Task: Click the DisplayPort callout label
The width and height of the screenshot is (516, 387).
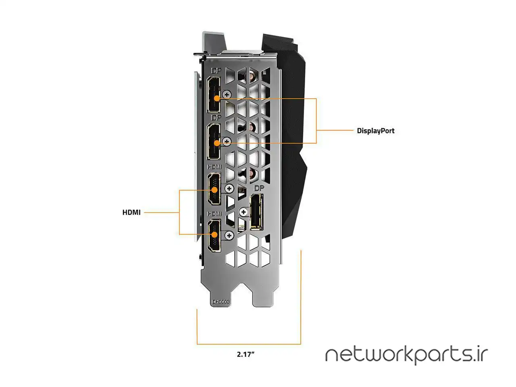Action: pos(376,131)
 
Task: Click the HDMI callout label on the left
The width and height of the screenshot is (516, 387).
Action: pos(131,212)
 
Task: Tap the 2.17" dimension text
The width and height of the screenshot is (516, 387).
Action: pos(246,355)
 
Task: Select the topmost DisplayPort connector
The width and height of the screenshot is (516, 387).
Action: pos(214,95)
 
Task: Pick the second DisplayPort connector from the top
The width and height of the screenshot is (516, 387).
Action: pos(214,141)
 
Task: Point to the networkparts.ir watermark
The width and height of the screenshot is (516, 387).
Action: pos(406,355)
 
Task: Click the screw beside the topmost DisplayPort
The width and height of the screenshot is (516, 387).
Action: pos(227,94)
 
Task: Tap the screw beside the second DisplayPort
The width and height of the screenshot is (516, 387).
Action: pos(227,141)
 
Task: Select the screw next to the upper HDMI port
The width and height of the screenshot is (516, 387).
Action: pos(229,188)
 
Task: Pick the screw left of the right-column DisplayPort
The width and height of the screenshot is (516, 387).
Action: pos(243,212)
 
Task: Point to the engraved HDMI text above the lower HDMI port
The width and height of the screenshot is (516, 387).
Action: pos(214,213)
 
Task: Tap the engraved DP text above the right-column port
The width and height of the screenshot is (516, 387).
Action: pos(258,188)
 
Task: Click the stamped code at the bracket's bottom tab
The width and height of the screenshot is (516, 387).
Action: pos(221,302)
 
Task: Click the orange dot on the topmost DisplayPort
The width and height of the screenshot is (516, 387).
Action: pos(217,98)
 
